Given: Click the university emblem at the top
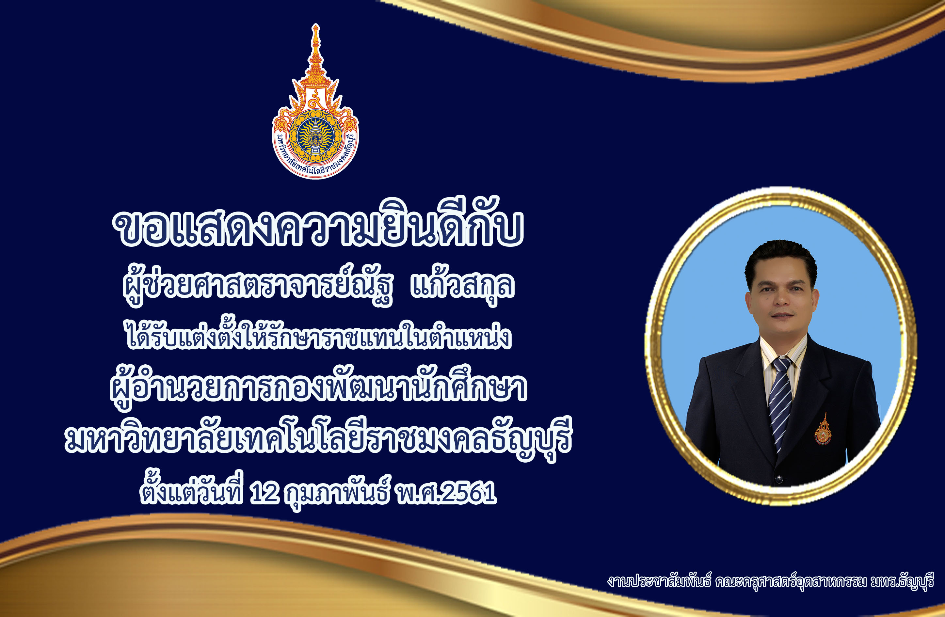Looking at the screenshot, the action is (x=315, y=102).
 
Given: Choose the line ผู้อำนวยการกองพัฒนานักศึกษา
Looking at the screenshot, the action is (x=318, y=386).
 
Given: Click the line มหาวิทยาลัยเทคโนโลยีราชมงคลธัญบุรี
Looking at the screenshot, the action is (x=318, y=438).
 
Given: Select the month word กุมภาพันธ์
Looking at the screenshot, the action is (x=338, y=492).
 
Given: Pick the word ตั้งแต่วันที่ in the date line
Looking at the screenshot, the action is (x=191, y=489).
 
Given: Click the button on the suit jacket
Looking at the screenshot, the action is (x=779, y=479).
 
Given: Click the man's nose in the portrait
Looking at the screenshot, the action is (x=781, y=300).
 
